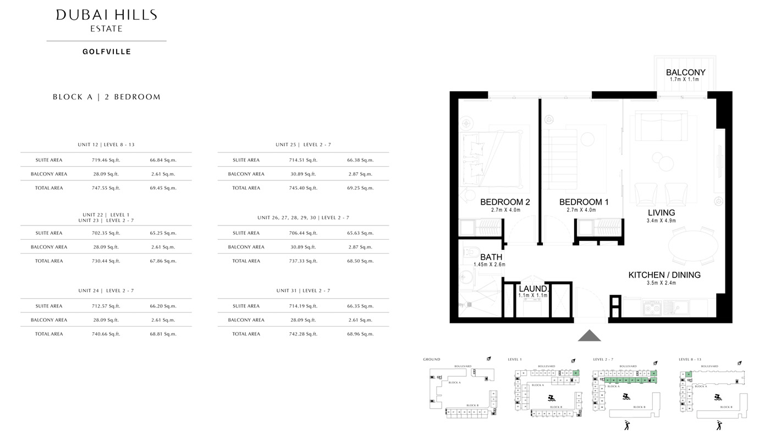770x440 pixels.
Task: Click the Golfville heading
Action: tap(107, 52)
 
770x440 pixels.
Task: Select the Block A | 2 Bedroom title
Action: tap(107, 97)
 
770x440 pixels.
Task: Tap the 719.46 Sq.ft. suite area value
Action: tap(106, 160)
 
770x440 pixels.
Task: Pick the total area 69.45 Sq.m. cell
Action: tap(163, 188)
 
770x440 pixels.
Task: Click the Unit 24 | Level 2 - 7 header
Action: tap(106, 290)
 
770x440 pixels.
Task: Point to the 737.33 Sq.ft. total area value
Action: tap(303, 261)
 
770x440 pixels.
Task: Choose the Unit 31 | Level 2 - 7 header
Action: tap(303, 290)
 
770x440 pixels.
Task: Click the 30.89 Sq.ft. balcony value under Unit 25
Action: tap(303, 174)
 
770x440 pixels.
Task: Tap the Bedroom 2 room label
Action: tap(505, 202)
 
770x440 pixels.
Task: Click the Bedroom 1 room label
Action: tap(584, 202)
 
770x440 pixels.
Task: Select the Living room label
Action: tap(661, 213)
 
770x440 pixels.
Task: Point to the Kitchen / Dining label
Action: tap(664, 275)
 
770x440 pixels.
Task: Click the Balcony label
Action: tap(685, 72)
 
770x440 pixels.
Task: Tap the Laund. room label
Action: tap(533, 289)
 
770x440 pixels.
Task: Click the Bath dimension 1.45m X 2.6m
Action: tap(490, 265)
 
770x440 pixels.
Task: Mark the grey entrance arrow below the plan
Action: tap(589, 335)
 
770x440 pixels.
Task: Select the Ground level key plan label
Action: tap(431, 359)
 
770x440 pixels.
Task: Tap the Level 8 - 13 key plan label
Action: tap(690, 359)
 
